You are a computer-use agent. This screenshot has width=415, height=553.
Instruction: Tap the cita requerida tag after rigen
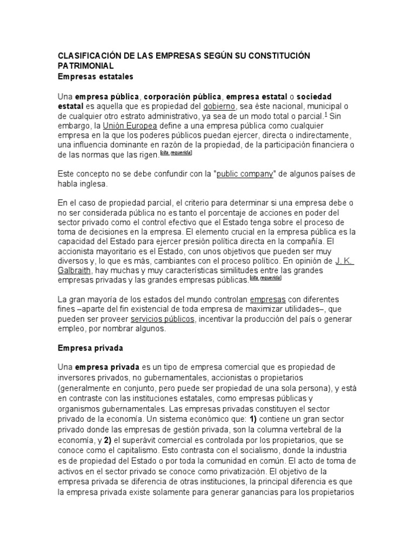pos(176,154)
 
